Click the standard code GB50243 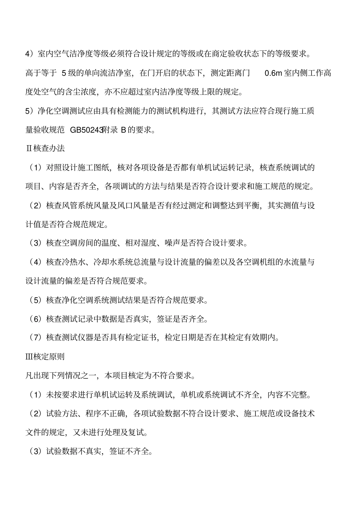click(87, 130)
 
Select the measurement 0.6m click(273, 73)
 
